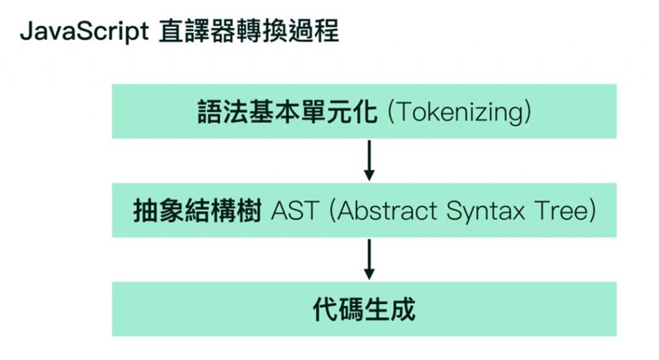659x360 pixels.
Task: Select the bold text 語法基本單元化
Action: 288,112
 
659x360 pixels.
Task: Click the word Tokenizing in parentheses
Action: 461,112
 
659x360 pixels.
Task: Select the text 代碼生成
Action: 364,309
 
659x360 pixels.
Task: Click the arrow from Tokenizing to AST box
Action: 368,160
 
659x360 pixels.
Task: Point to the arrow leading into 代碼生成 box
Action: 368,259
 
